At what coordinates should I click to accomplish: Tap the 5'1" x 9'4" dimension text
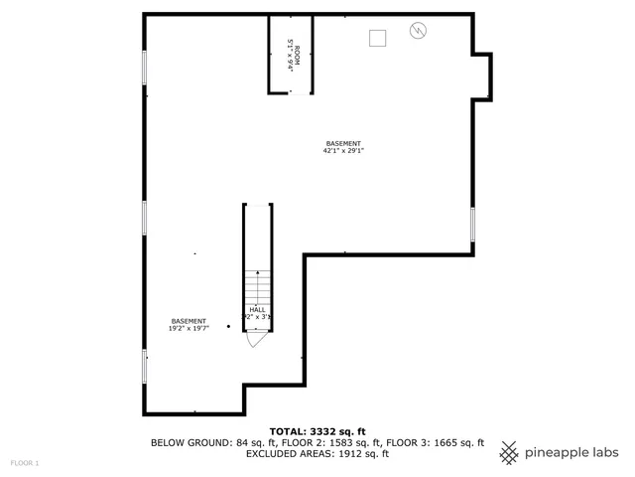[x=290, y=53]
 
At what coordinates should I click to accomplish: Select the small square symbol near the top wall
[x=377, y=38]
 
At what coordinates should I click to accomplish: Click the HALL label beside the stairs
[x=257, y=310]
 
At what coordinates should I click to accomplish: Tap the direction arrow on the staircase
[x=258, y=283]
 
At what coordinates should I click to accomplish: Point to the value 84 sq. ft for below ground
[x=244, y=443]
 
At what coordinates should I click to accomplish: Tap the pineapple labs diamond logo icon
[x=509, y=451]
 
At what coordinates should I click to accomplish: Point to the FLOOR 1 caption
[x=25, y=463]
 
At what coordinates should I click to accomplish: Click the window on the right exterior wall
[x=472, y=225]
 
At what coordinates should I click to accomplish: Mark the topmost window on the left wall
[x=145, y=68]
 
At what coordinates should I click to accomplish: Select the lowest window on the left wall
[x=145, y=365]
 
